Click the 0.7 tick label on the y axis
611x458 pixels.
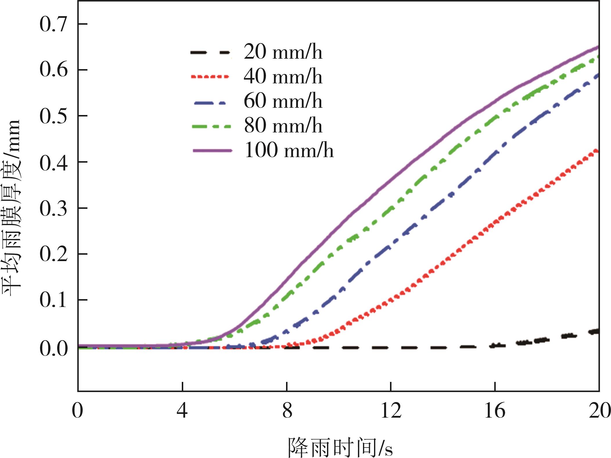tap(53, 24)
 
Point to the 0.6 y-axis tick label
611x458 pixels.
tap(53, 70)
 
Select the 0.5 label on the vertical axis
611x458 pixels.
tap(53, 116)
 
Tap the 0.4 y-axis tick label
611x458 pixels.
tap(53, 162)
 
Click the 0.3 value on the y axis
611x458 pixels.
tap(53, 208)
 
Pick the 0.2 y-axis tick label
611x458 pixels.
tap(53, 254)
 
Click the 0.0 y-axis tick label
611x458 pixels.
tap(53, 348)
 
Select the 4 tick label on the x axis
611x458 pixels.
tap(182, 411)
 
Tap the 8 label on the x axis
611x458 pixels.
tap(287, 411)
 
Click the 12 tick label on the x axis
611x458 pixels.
tap(391, 411)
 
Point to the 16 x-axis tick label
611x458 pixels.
tap(495, 411)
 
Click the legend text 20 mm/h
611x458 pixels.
tap(283, 52)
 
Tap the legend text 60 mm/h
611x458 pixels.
tap(283, 101)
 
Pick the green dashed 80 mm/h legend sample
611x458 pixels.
tap(211, 126)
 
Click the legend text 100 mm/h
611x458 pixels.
tap(289, 150)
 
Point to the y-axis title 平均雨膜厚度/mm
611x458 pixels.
tap(12, 207)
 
